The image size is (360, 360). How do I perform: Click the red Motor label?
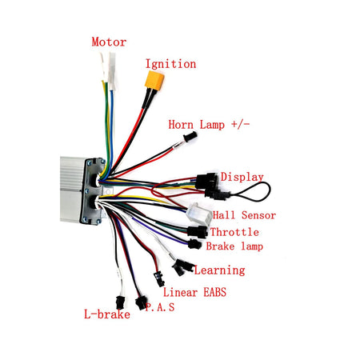(x=109, y=42)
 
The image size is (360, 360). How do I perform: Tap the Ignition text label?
(x=170, y=64)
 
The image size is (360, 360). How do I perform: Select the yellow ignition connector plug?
(x=154, y=79)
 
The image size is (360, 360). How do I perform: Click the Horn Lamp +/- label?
(x=209, y=125)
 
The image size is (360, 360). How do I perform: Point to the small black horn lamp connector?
(x=190, y=137)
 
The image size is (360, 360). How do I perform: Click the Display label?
(x=242, y=177)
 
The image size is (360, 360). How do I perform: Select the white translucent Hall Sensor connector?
(x=199, y=213)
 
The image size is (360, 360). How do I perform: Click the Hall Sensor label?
(x=244, y=215)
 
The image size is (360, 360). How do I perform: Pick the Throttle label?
(x=234, y=232)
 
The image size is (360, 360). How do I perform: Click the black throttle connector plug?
(x=198, y=231)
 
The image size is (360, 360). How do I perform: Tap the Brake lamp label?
(x=234, y=246)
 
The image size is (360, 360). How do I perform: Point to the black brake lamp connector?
(x=194, y=244)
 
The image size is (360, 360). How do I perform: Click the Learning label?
(x=219, y=270)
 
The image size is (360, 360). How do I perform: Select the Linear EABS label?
(x=194, y=292)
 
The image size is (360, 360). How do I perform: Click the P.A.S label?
(x=160, y=307)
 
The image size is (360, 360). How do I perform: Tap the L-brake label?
(x=107, y=314)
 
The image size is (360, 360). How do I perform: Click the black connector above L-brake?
(x=120, y=302)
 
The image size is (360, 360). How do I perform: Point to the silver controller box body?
(x=73, y=190)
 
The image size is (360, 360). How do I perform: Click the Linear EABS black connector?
(x=159, y=278)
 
